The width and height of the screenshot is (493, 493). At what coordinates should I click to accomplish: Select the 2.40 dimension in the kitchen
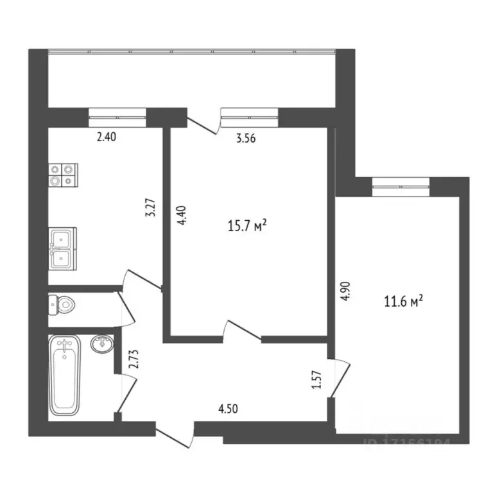coord(107,136)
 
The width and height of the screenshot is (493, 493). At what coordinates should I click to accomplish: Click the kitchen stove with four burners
coord(63,175)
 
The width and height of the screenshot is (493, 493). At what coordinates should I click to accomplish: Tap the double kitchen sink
coord(62,248)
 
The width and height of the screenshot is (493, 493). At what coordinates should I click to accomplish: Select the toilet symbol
coord(62,304)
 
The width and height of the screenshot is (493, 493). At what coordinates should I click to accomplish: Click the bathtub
coord(65,375)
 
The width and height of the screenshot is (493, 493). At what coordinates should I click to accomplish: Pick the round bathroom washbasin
coord(102,345)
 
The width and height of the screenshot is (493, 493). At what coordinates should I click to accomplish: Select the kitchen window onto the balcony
coord(117,114)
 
